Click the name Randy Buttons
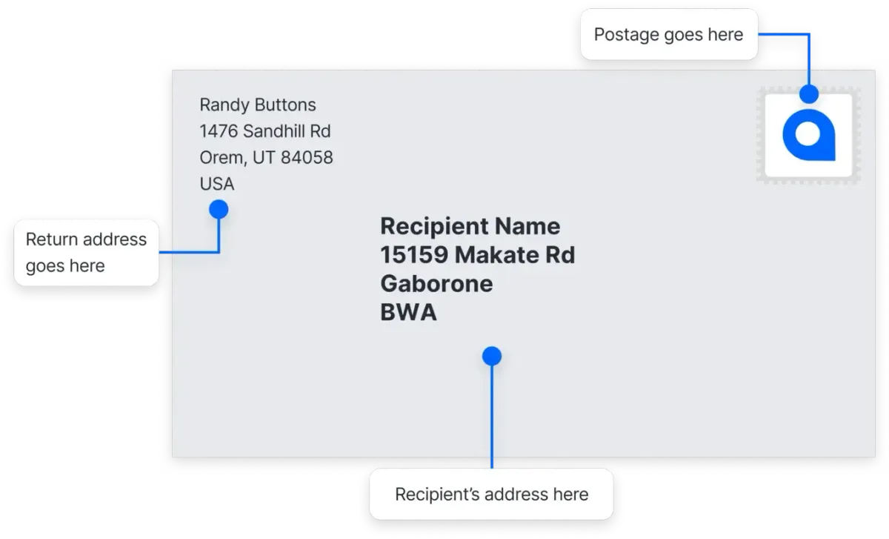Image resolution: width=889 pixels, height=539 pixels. (258, 105)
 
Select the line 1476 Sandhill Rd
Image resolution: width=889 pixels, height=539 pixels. (265, 131)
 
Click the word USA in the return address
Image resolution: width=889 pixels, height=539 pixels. (217, 184)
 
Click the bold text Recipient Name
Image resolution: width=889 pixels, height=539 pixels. (470, 226)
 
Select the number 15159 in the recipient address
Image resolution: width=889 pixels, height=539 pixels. (414, 255)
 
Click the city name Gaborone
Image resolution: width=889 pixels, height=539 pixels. (436, 284)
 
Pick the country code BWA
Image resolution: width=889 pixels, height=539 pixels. (408, 313)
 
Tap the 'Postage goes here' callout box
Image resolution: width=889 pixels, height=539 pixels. (668, 34)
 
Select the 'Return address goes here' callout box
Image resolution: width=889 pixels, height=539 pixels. (86, 252)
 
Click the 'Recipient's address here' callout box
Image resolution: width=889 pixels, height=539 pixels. (492, 495)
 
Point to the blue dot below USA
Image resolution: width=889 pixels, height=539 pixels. (219, 210)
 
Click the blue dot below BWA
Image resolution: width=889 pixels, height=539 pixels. (492, 357)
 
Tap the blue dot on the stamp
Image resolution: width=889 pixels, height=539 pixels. (809, 94)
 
